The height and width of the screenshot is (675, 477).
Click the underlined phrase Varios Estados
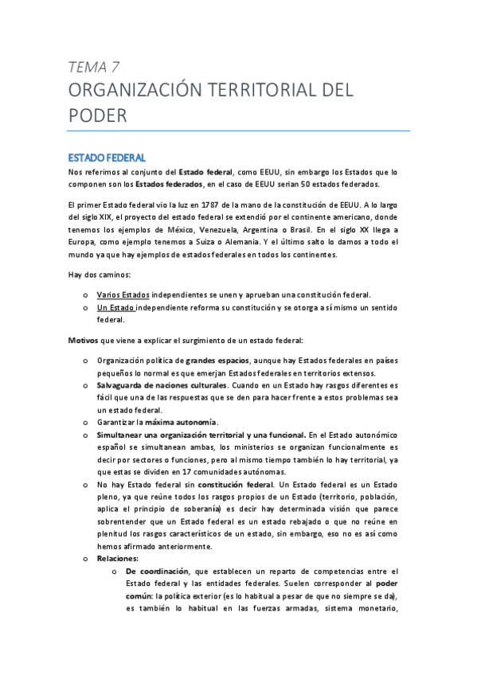(x=123, y=294)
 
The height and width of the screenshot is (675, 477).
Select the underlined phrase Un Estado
(x=115, y=306)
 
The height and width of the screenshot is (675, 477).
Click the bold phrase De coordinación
(x=157, y=571)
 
